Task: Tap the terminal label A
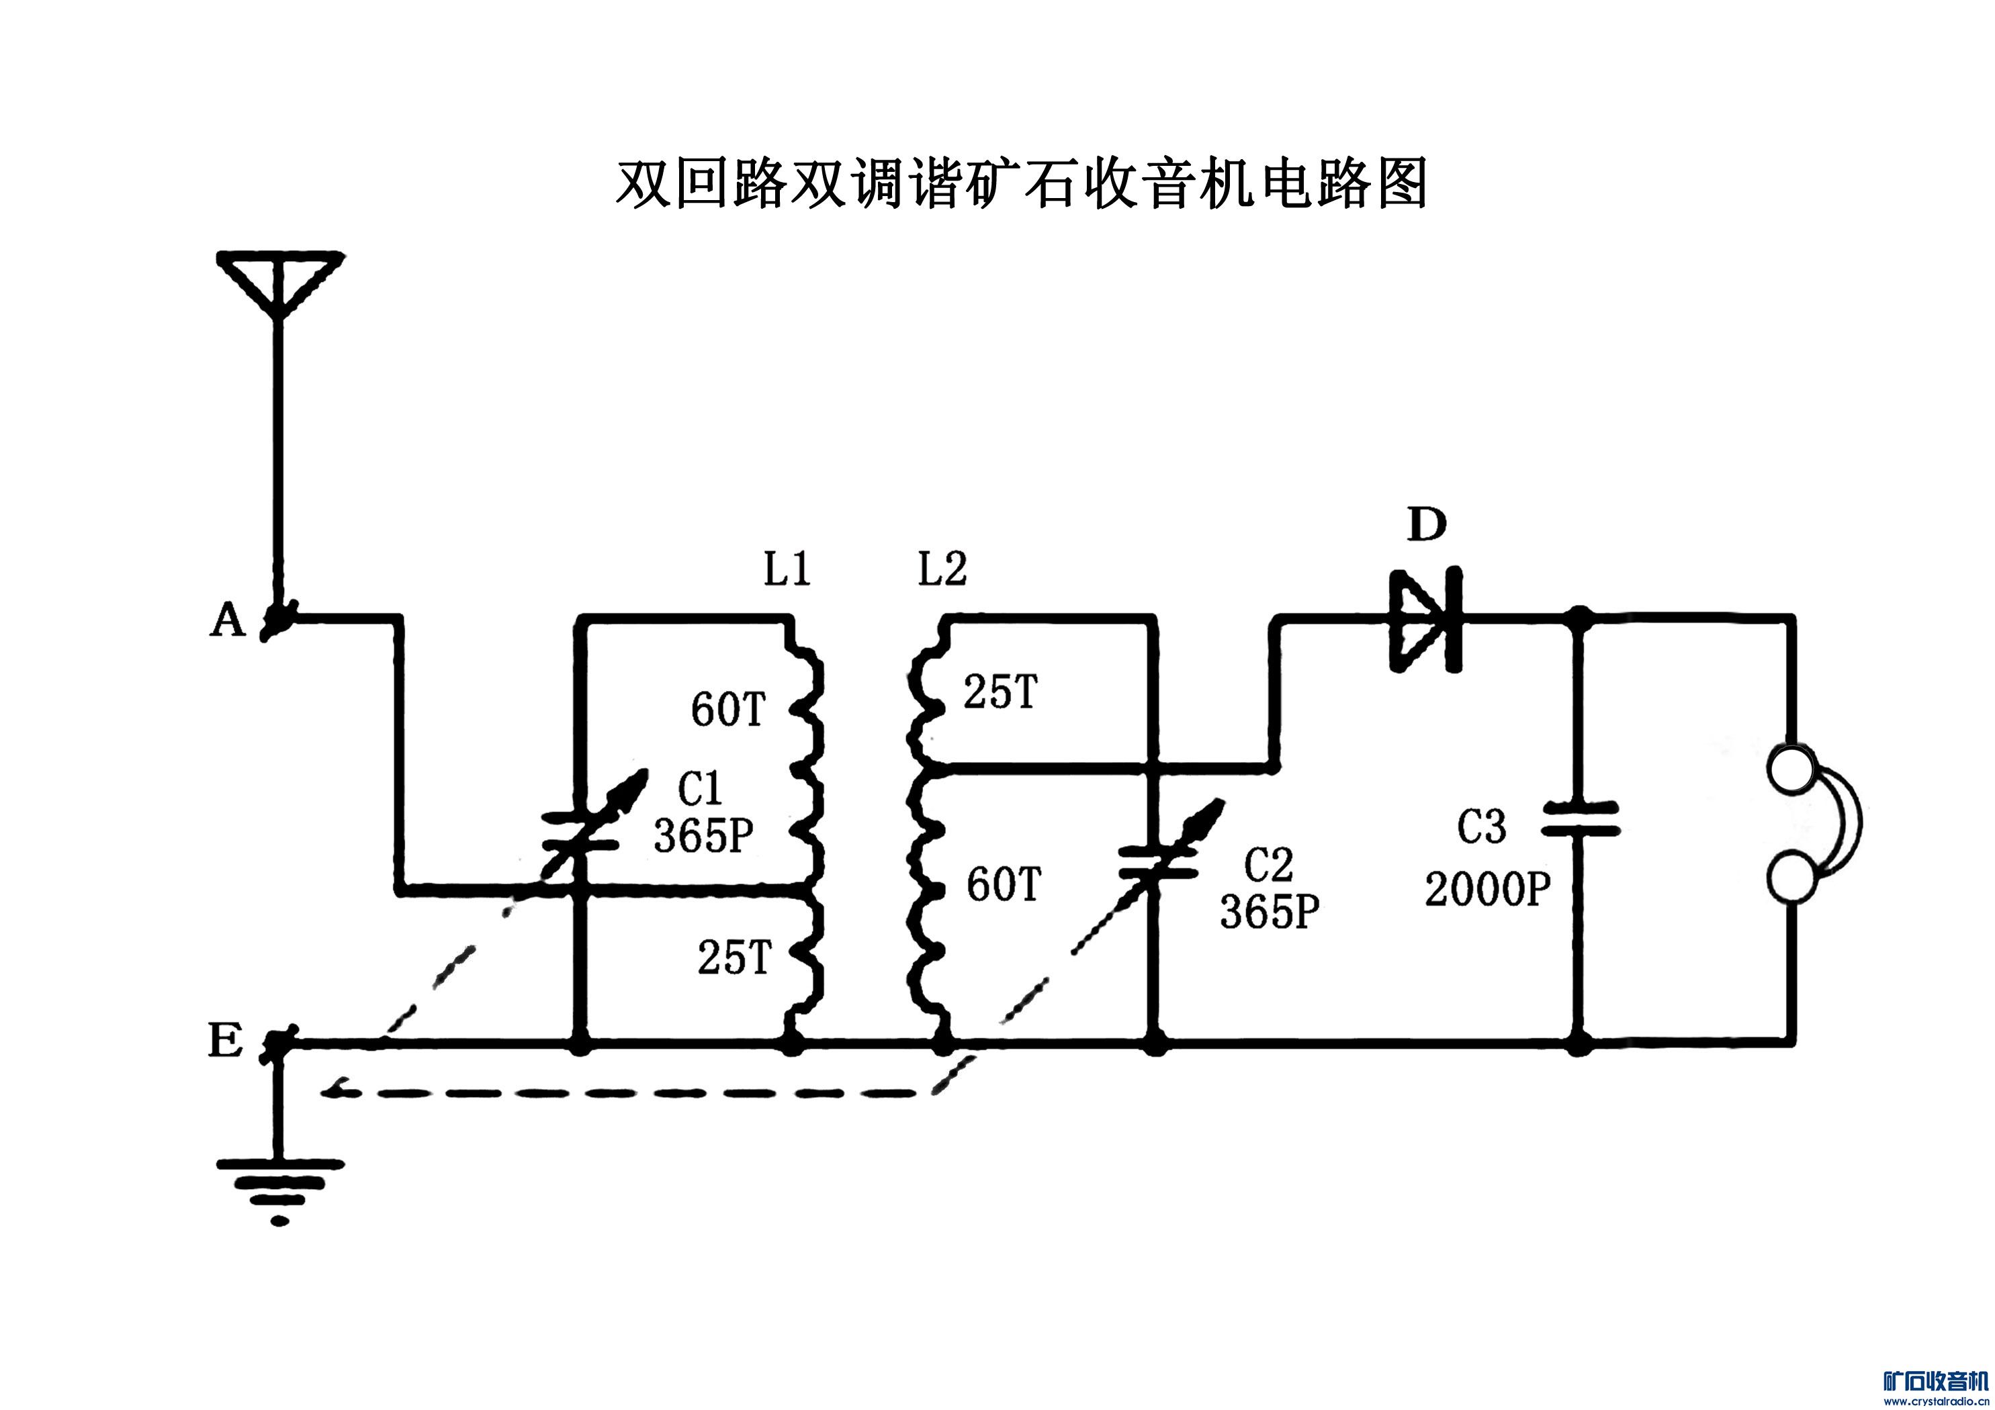tap(228, 620)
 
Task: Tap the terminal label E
tap(225, 1040)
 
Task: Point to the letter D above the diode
tap(1427, 525)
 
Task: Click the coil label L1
tap(787, 570)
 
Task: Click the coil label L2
tap(942, 570)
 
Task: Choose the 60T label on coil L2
tap(1004, 885)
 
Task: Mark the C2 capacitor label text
tap(1269, 865)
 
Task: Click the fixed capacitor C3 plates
tap(1581, 819)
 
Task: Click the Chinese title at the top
tap(1022, 184)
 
